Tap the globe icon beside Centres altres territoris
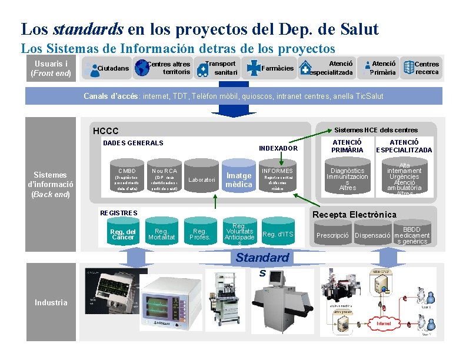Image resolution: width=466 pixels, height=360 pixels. pos(142,68)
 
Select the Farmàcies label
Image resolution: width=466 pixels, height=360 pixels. pos(277,68)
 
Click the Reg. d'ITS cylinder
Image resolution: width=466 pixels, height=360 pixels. pos(278,235)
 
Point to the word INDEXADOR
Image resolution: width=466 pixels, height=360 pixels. pos(279,149)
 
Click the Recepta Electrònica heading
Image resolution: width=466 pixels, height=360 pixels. pos(354,215)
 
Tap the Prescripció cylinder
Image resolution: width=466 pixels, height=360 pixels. pos(334,235)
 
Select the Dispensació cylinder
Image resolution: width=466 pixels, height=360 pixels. pos(373,235)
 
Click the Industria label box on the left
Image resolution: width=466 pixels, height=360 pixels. pos(51,302)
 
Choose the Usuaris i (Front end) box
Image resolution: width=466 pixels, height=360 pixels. pos(51,68)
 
